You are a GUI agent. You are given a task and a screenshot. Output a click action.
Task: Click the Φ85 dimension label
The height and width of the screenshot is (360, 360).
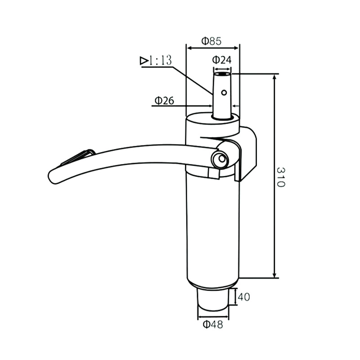click(211, 41)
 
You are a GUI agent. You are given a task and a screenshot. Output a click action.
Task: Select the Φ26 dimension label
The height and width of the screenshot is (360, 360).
click(164, 101)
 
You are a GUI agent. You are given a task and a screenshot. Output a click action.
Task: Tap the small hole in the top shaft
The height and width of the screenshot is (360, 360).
click(224, 93)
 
